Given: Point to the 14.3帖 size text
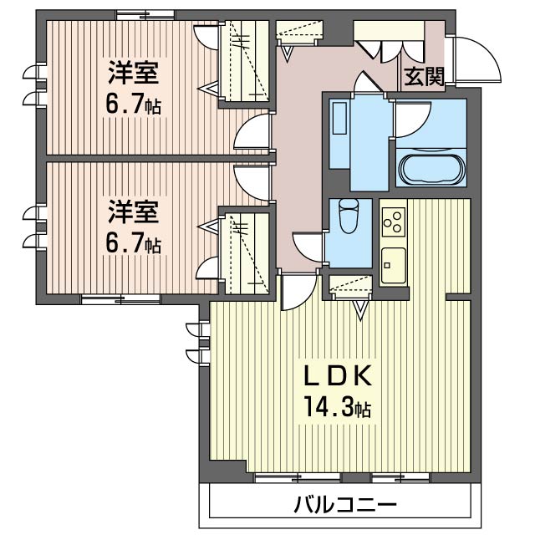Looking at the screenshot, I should (337, 409).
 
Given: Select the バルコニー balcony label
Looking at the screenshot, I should (344, 505).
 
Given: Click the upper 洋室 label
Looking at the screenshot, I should (132, 74).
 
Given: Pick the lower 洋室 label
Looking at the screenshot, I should (132, 211).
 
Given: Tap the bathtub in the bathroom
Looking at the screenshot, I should (433, 169).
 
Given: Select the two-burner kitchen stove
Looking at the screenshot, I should (392, 222).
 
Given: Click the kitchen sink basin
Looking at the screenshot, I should (392, 264).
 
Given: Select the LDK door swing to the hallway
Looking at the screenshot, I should (294, 292).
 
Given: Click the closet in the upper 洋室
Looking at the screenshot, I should (243, 63).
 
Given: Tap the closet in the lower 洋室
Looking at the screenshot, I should (243, 251).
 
